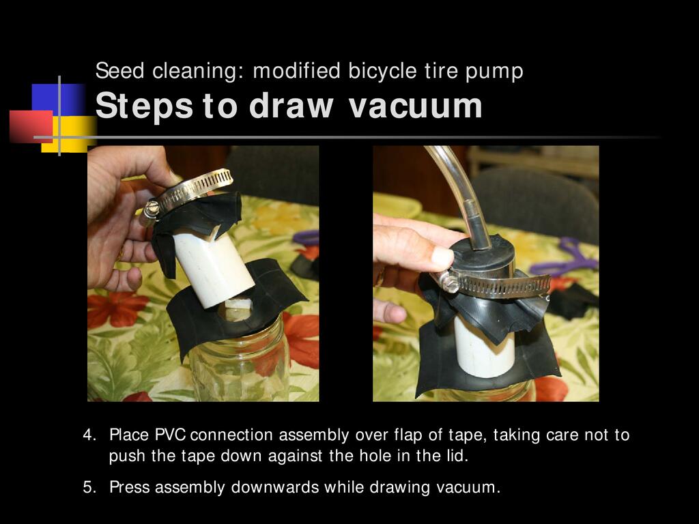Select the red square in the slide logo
coord(31,126)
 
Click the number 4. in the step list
coord(89,435)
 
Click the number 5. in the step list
coord(89,487)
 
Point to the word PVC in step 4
coord(170,435)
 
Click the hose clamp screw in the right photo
coord(450,282)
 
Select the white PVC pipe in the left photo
coord(213,267)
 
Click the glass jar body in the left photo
coord(241,366)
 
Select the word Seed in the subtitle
coord(119,71)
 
